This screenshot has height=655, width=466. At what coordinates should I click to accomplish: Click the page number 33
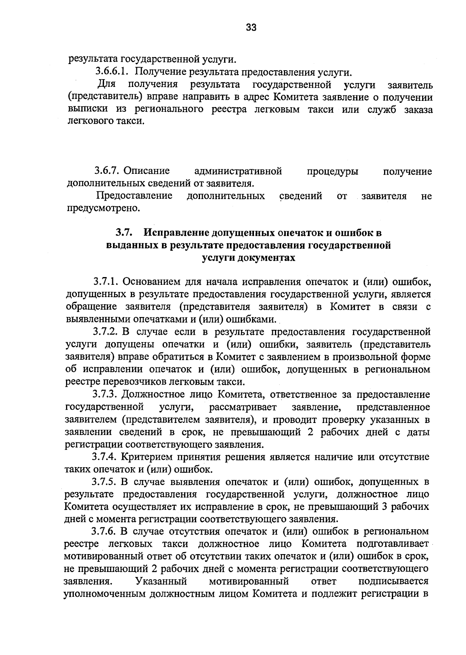[x=251, y=27]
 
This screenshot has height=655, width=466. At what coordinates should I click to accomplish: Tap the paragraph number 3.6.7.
[x=108, y=171]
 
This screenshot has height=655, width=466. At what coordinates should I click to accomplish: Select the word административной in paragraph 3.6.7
[x=238, y=171]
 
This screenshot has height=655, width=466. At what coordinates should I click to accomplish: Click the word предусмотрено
[x=103, y=208]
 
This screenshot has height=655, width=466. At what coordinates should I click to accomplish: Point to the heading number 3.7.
[x=124, y=233]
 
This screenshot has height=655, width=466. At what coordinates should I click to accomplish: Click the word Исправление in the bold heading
[x=176, y=233]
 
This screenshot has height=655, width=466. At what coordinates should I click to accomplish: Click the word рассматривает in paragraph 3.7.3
[x=243, y=407]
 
